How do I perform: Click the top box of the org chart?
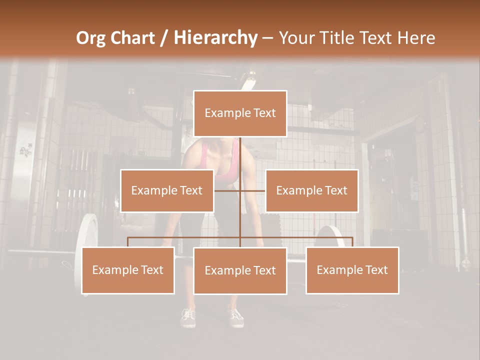coord(240,113)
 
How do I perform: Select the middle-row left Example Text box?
coord(167,190)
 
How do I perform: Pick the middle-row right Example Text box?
coord(311,190)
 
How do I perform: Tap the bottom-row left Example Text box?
coord(128,270)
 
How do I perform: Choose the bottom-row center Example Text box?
coord(240,270)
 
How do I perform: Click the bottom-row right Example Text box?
coord(352,270)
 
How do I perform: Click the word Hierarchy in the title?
coord(215,38)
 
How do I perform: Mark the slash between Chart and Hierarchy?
coord(164,38)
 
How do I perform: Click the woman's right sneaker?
coord(188,317)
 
